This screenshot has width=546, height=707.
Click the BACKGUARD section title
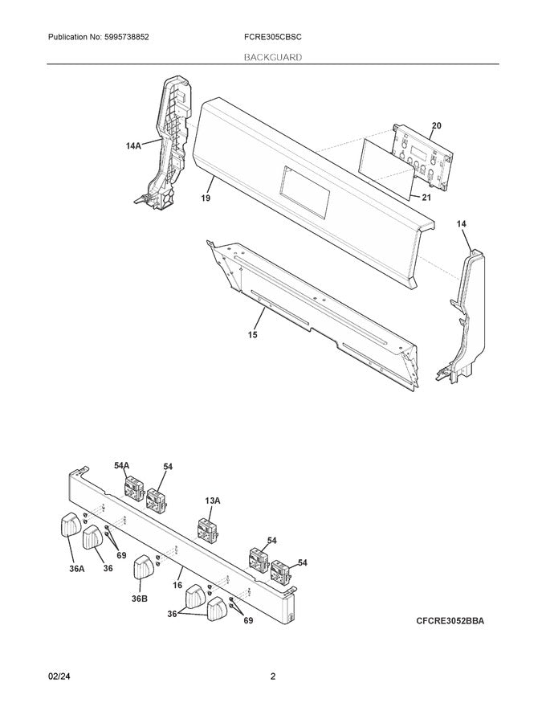click(x=273, y=57)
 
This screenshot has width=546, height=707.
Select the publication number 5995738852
click(x=120, y=37)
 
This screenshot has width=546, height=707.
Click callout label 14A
click(x=133, y=145)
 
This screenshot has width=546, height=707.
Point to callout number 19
click(x=206, y=198)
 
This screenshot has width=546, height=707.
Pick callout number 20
click(x=437, y=126)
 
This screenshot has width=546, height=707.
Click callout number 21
click(x=426, y=197)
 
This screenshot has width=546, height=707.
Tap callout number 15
click(x=253, y=334)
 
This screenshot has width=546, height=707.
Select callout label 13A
click(x=213, y=501)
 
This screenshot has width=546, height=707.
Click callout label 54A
click(x=121, y=466)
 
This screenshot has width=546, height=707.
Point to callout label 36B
click(x=140, y=599)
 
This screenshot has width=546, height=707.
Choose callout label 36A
click(x=77, y=569)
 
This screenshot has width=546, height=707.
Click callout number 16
click(x=177, y=585)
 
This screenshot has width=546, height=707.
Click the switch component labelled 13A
click(x=208, y=529)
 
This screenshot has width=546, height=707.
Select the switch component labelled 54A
click(x=134, y=488)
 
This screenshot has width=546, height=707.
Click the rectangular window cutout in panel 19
click(x=304, y=192)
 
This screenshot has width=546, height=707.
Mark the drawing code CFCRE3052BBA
click(x=450, y=621)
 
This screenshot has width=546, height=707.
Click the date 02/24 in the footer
click(x=59, y=676)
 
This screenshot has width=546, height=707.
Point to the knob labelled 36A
click(x=71, y=525)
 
